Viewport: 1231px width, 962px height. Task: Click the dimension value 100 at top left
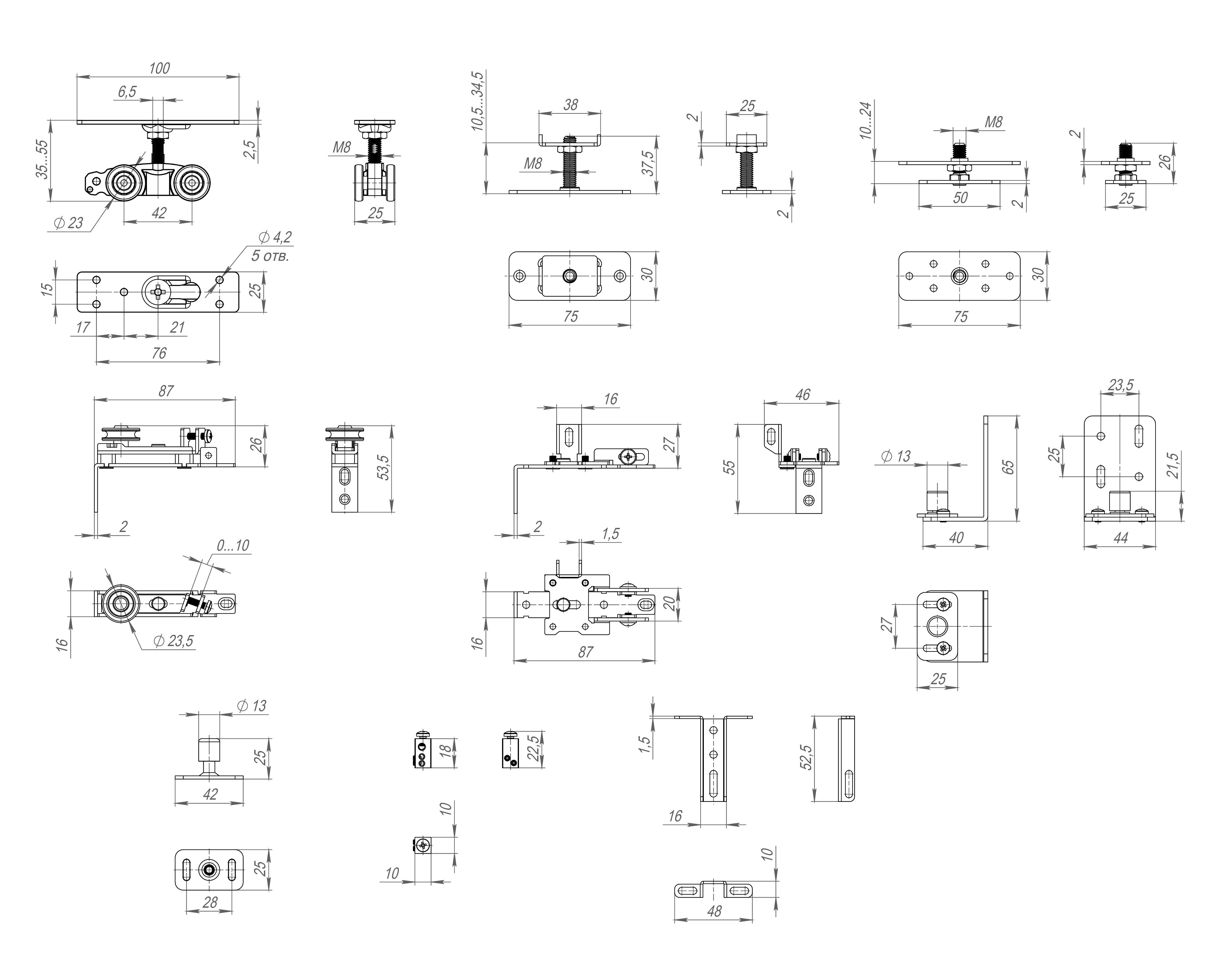[x=159, y=68]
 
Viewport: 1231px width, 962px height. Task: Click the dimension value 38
[x=571, y=105]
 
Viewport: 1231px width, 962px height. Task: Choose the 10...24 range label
[x=866, y=120]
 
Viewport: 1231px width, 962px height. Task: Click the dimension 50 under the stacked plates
[x=960, y=198]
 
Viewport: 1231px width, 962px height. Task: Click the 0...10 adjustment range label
[x=233, y=545]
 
